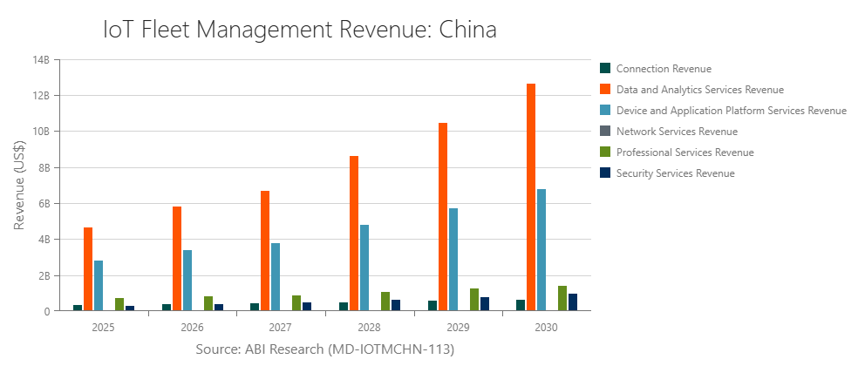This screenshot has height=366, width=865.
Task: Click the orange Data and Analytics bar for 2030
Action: pyautogui.click(x=531, y=197)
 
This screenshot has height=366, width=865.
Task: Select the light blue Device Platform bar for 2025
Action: pyautogui.click(x=99, y=286)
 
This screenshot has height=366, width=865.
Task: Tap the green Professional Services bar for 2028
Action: pyautogui.click(x=385, y=302)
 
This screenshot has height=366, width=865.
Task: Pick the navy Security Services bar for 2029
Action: pyautogui.click(x=485, y=304)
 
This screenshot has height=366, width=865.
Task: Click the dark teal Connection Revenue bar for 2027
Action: pyautogui.click(x=255, y=307)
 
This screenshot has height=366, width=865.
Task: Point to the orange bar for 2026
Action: pyautogui.click(x=177, y=259)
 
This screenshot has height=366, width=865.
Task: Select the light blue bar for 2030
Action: pyautogui.click(x=541, y=250)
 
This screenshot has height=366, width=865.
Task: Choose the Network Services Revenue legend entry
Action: pyautogui.click(x=676, y=132)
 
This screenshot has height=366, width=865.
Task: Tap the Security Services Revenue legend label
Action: pyautogui.click(x=675, y=173)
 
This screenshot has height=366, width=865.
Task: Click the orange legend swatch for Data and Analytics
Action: pyautogui.click(x=605, y=90)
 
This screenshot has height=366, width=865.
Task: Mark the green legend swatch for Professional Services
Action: pyautogui.click(x=605, y=152)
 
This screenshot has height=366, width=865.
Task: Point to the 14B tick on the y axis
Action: pyautogui.click(x=41, y=60)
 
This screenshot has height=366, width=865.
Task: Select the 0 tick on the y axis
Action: pyautogui.click(x=47, y=311)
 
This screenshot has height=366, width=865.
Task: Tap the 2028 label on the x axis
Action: pyautogui.click(x=369, y=328)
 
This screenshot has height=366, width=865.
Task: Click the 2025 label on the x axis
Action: pyautogui.click(x=103, y=328)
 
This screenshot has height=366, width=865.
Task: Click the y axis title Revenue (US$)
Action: pyautogui.click(x=19, y=185)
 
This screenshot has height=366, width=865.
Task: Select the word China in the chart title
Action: pyautogui.click(x=467, y=30)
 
